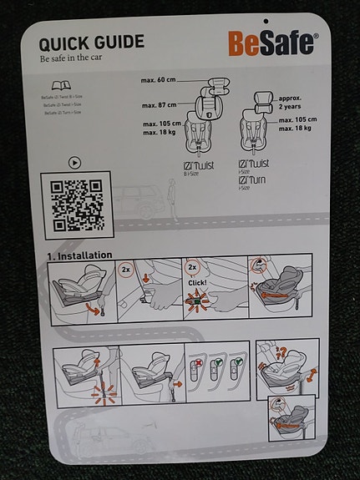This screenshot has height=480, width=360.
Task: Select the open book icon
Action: (61, 86)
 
